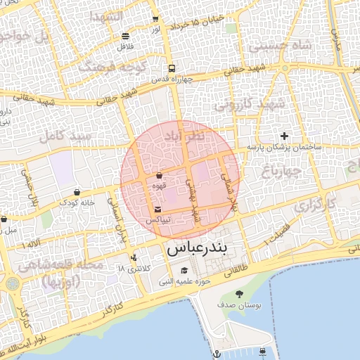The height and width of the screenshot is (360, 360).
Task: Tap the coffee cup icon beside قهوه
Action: [159, 175]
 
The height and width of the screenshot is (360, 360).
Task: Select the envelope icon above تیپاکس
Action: [157, 210]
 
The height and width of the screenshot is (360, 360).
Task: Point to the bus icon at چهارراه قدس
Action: [172, 68]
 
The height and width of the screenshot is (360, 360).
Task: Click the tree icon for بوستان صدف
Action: [239, 293]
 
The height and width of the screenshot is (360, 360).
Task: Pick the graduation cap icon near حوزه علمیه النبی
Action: [184, 271]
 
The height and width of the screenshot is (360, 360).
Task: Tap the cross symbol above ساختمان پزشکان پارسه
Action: [284, 136]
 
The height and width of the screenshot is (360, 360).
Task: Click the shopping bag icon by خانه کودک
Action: [77, 192]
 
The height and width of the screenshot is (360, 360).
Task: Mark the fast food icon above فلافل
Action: [126, 36]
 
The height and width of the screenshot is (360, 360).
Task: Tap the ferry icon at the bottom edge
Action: [263, 351]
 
